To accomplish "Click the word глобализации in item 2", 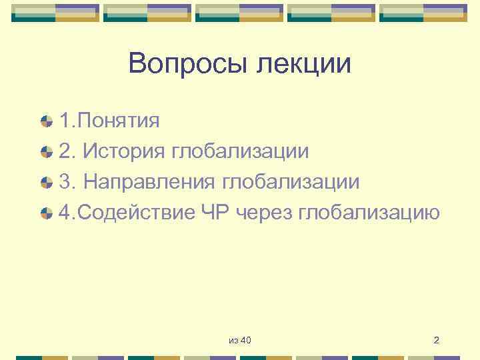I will coord(240,151).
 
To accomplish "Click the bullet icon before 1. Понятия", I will coord(46,121).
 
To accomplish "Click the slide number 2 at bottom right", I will coord(436,341).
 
